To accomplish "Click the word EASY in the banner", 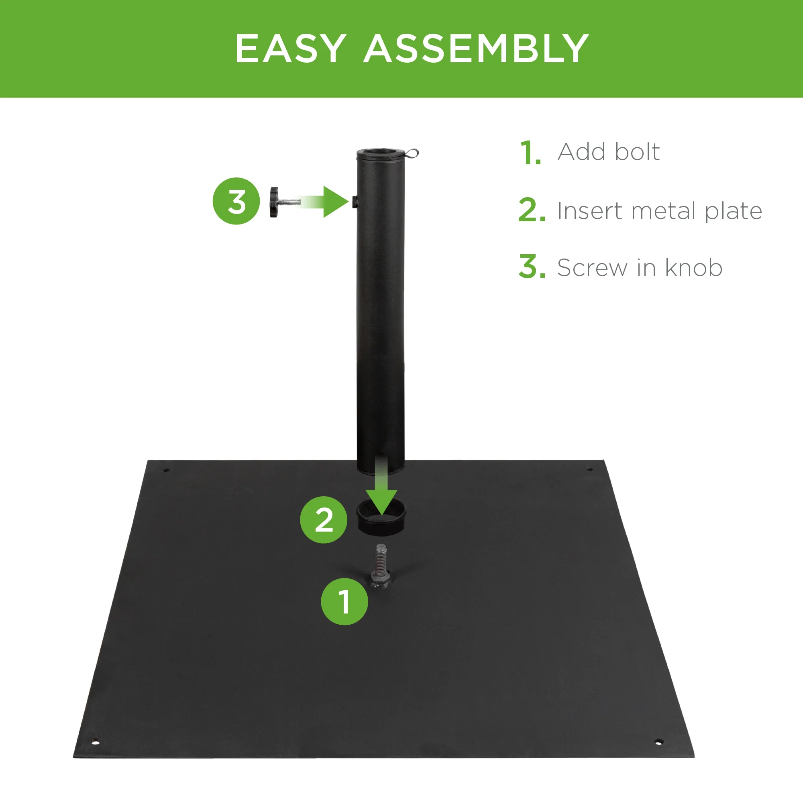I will (x=291, y=49).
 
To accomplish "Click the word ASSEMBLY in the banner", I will (x=476, y=49).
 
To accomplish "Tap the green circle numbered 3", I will (x=236, y=201).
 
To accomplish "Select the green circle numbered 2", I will (x=323, y=520).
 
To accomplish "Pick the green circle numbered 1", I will (x=344, y=601).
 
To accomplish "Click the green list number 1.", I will (x=530, y=153).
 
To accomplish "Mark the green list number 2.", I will (x=531, y=210).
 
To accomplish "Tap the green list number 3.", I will (x=531, y=267).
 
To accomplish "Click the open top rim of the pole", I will (x=380, y=152).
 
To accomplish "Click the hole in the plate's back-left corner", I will (x=166, y=470).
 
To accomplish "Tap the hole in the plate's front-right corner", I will (x=658, y=742).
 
